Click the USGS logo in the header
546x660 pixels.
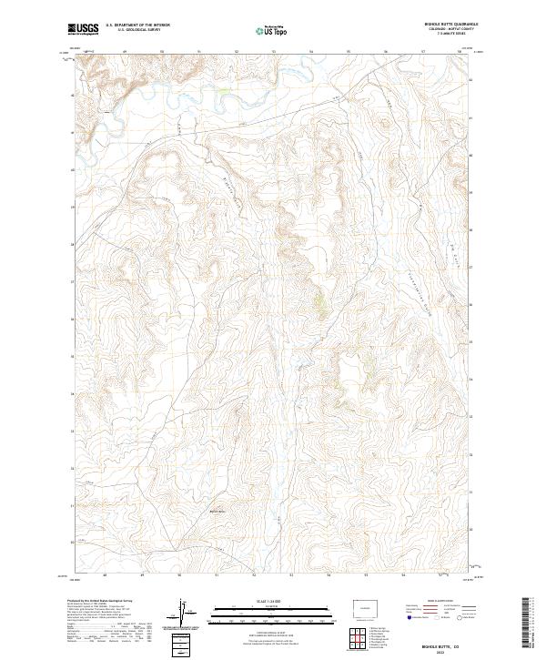coord(83,29)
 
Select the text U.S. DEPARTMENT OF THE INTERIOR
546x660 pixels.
coord(137,25)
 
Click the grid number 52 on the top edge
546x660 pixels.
coord(237,51)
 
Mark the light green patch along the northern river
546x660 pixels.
coord(221,91)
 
